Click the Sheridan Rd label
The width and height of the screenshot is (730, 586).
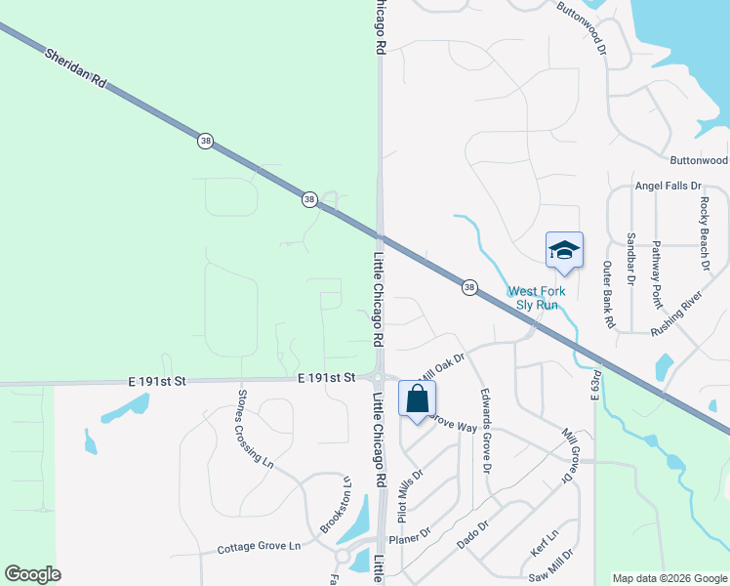tap(74, 70)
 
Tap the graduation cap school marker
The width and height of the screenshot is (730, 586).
tap(564, 252)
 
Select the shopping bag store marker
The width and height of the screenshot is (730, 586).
tap(417, 399)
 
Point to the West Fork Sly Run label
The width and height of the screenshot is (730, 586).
tap(532, 298)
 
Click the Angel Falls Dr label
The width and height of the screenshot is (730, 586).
tap(669, 186)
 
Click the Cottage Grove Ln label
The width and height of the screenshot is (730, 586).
tap(259, 547)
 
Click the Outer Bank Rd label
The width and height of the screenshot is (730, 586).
tap(607, 294)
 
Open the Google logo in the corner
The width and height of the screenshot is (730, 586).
tap(32, 574)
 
